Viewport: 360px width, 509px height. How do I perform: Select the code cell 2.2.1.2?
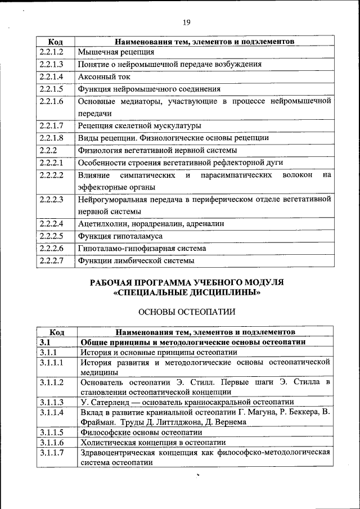(51, 52)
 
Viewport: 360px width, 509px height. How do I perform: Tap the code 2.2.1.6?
(51, 101)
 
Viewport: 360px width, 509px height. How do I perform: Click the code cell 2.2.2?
(49, 150)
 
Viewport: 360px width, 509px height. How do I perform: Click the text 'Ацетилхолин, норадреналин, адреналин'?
(151, 224)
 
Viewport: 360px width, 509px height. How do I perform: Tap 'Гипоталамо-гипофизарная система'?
(142, 248)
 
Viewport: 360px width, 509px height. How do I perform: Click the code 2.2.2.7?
(51, 260)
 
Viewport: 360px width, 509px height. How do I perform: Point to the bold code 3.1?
(46, 342)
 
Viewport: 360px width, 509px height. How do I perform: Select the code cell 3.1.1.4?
(51, 412)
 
